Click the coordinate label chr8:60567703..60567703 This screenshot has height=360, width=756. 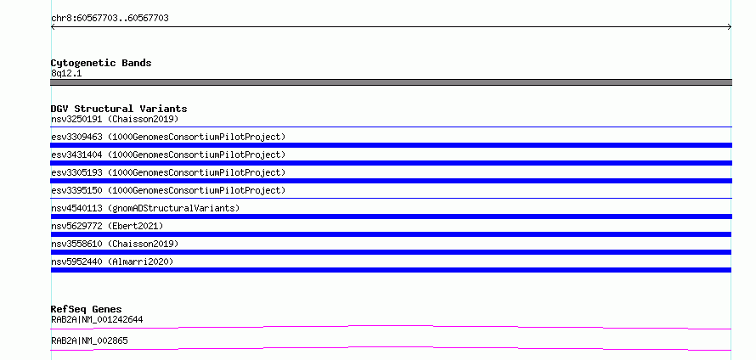pyautogui.click(x=110, y=18)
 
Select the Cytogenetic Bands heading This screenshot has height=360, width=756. pyautogui.click(x=101, y=63)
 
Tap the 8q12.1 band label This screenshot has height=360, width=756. pyautogui.click(x=66, y=73)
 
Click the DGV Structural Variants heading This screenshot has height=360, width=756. pyautogui.click(x=119, y=109)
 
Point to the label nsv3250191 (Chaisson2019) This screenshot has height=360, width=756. pyautogui.click(x=115, y=119)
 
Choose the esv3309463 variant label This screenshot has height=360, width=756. pyautogui.click(x=76, y=137)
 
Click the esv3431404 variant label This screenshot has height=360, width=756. pyautogui.click(x=76, y=155)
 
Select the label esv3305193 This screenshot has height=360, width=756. pyautogui.click(x=76, y=172)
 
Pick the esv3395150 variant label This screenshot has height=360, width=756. pyautogui.click(x=76, y=190)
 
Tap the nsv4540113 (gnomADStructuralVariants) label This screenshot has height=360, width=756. pyautogui.click(x=145, y=208)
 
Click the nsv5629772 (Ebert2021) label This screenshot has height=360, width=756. pyautogui.click(x=107, y=226)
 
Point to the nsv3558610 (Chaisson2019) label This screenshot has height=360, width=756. pyautogui.click(x=115, y=244)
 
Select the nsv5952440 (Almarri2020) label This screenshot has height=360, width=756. pyautogui.click(x=112, y=262)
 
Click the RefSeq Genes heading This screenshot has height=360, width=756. pyautogui.click(x=86, y=309)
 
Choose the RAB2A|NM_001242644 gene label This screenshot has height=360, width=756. pyautogui.click(x=97, y=319)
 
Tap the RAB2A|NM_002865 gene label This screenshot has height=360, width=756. pyautogui.click(x=89, y=340)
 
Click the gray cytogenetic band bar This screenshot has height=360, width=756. pyautogui.click(x=391, y=82)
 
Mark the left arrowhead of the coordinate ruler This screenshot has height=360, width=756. pyautogui.click(x=52, y=27)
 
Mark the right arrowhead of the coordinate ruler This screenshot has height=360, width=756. pyautogui.click(x=730, y=27)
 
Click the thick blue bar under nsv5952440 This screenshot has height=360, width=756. pyautogui.click(x=391, y=270)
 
